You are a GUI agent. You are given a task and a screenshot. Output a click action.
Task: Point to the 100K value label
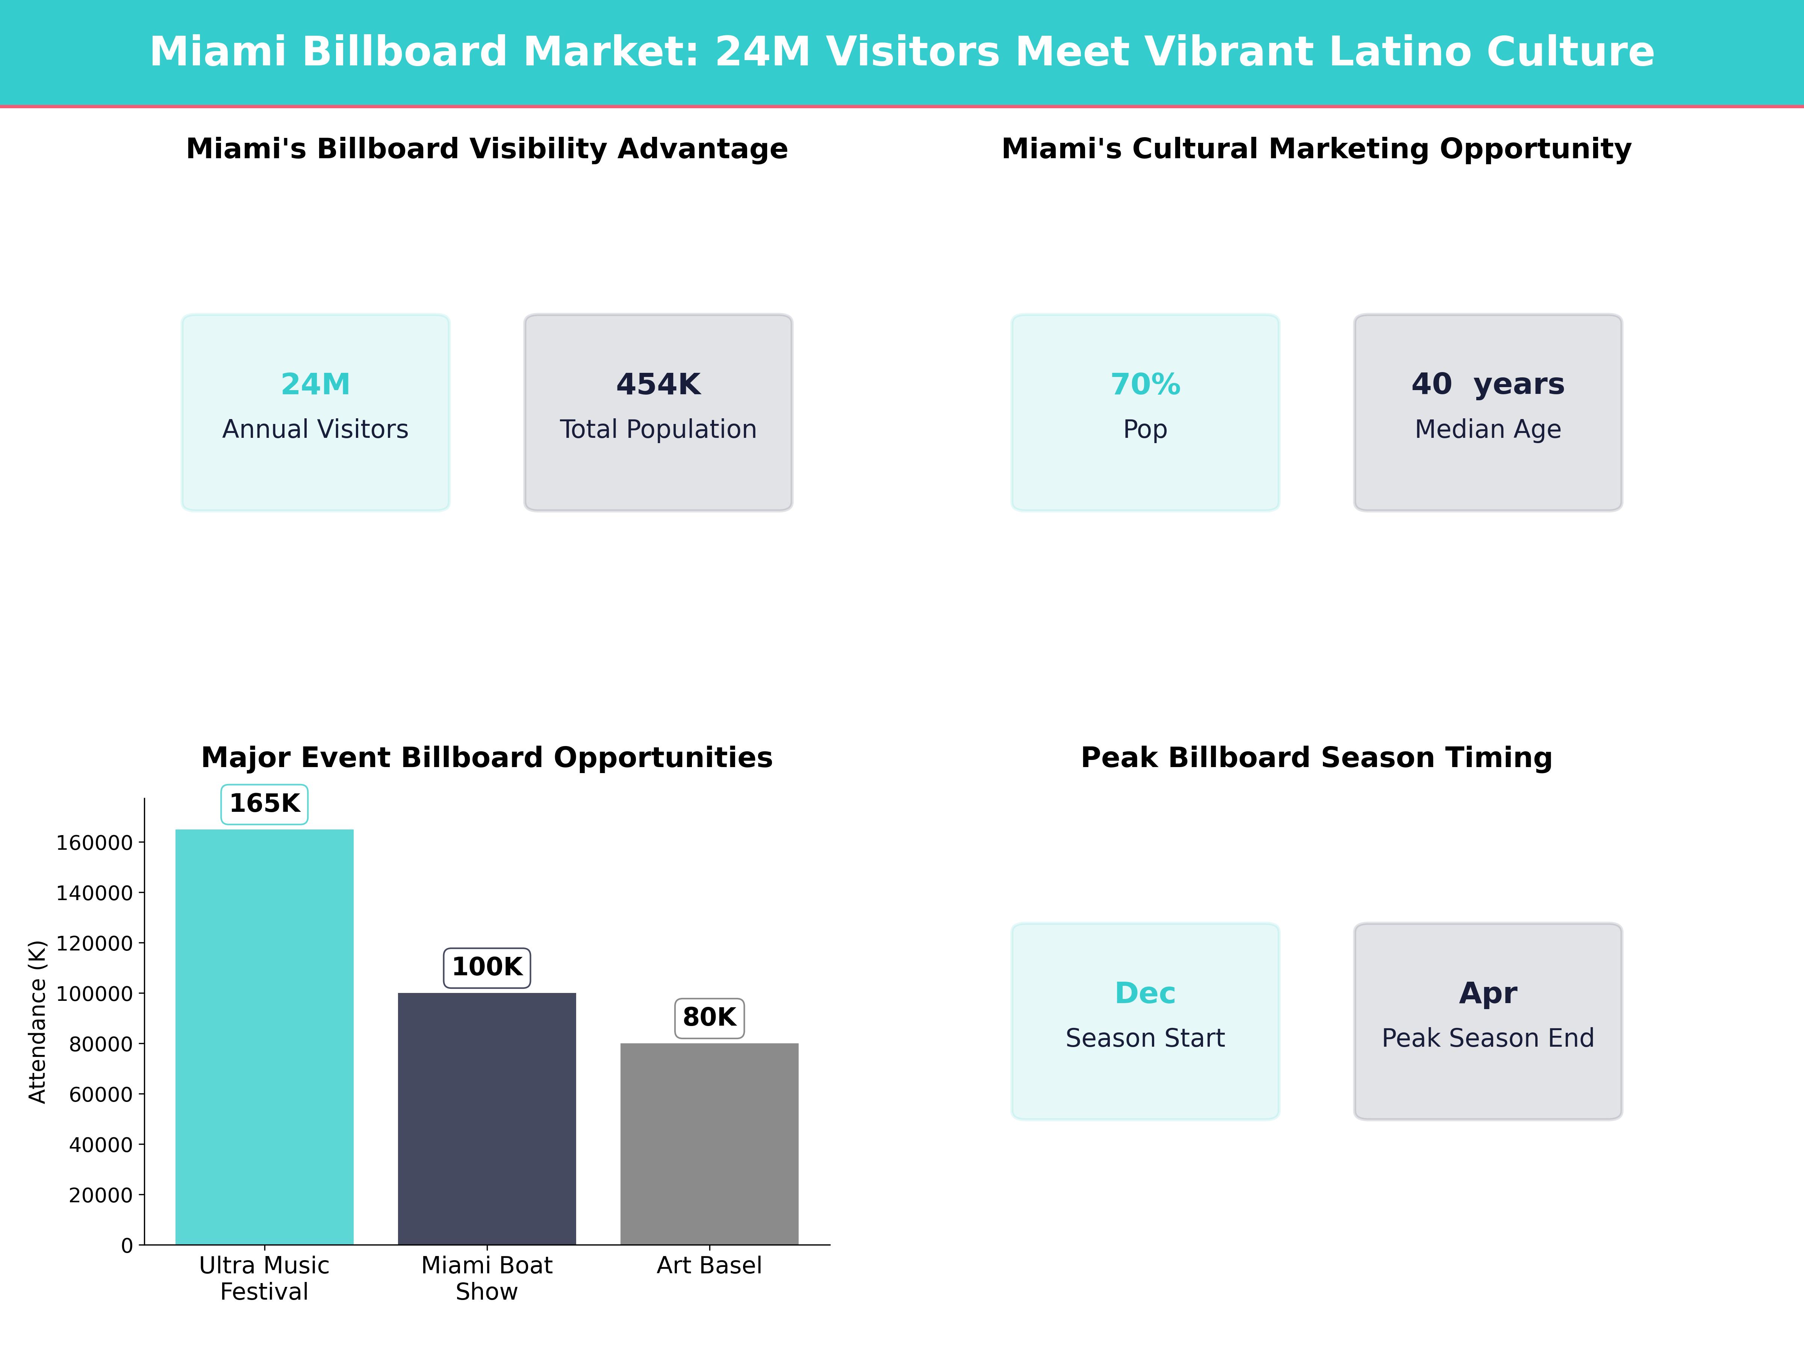pyautogui.click(x=487, y=967)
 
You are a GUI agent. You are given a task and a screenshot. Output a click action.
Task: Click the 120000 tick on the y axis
pyautogui.click(x=95, y=944)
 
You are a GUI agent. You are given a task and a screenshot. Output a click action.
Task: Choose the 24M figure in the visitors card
pyautogui.click(x=316, y=384)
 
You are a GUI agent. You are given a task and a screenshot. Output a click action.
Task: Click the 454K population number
pyautogui.click(x=658, y=384)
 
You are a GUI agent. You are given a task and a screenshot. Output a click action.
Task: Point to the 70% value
pyautogui.click(x=1145, y=384)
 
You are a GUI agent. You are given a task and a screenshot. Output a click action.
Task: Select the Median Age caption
pyautogui.click(x=1488, y=429)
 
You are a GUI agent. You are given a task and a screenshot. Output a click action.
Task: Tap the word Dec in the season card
pyautogui.click(x=1145, y=993)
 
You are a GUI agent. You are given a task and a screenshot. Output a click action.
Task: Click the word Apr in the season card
pyautogui.click(x=1488, y=993)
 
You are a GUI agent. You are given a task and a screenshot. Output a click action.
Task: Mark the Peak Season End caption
pyautogui.click(x=1488, y=1038)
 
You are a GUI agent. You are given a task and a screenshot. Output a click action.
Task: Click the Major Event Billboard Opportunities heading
pyautogui.click(x=487, y=758)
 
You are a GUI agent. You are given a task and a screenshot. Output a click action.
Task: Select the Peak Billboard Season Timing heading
pyautogui.click(x=1316, y=758)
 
